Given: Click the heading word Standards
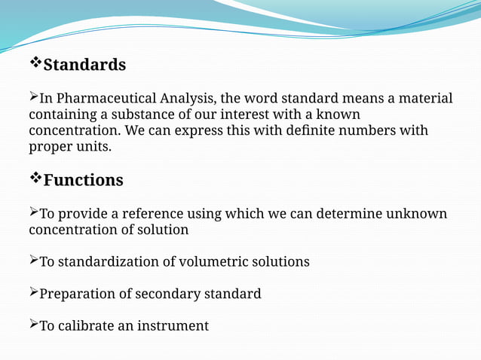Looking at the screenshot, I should tap(84, 66).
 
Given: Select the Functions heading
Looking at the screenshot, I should tap(83, 181).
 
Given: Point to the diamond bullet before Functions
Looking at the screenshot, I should tap(35, 178).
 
